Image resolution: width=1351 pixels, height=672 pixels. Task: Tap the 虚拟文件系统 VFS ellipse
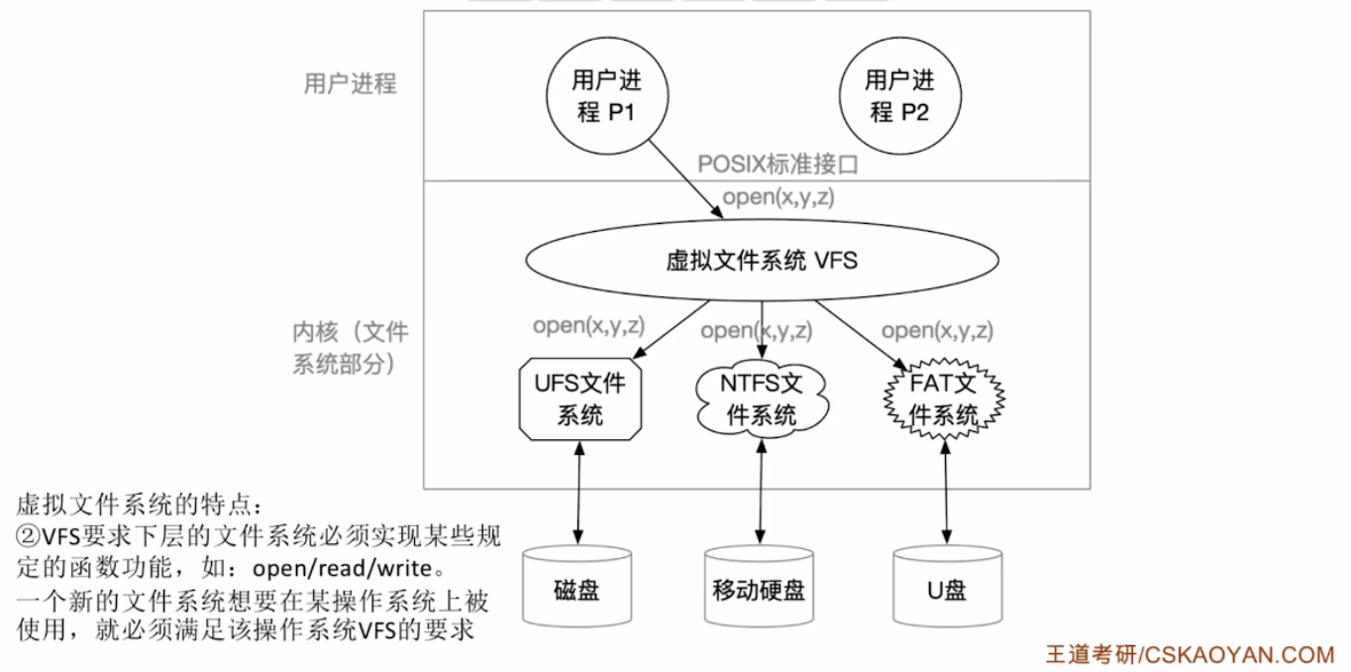760,262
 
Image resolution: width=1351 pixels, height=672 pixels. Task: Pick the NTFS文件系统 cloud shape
762,398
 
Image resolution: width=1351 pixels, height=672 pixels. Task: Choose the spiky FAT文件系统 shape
944,400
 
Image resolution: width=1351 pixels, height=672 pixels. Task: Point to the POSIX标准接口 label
778,165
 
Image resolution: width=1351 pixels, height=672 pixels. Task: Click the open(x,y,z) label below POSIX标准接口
778,197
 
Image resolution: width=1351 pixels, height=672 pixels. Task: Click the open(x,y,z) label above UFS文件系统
588,325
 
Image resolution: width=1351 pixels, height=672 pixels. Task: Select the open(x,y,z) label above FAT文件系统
937,331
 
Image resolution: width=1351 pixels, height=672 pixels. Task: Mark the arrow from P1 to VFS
684,178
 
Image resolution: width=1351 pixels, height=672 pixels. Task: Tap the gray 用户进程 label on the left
350,84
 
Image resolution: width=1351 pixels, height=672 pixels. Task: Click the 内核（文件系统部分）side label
350,348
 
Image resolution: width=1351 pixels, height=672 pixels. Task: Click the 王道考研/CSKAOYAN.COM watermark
1191,654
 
